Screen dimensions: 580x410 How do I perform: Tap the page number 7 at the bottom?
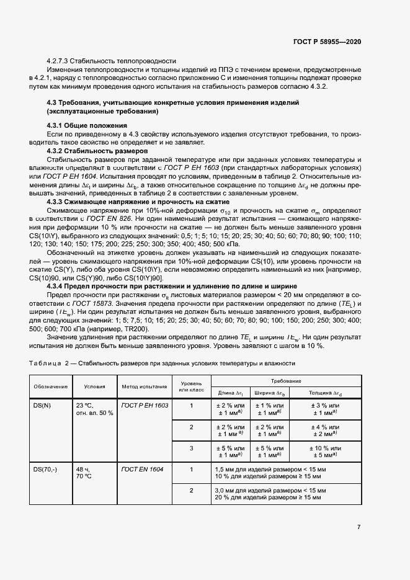click(359, 527)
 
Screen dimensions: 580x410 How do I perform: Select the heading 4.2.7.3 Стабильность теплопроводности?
click(112, 61)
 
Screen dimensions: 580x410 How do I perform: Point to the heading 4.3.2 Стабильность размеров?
click(97, 151)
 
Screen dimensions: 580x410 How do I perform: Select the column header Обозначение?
click(50, 386)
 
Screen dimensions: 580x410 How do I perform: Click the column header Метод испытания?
click(144, 386)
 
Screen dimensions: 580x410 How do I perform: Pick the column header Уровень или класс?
click(191, 386)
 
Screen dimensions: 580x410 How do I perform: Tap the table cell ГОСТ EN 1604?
click(142, 470)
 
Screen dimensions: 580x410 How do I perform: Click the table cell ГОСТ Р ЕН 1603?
click(145, 405)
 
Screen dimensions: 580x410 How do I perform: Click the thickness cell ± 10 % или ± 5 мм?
click(325, 451)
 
